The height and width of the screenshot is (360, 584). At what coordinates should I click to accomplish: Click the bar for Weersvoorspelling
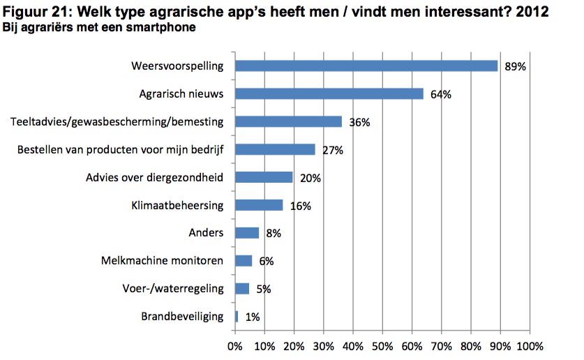(366, 66)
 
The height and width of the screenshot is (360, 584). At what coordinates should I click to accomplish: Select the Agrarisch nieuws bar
(329, 93)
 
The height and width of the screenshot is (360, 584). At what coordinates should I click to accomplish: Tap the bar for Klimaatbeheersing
(259, 205)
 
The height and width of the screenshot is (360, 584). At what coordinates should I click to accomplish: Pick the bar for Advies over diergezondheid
(264, 177)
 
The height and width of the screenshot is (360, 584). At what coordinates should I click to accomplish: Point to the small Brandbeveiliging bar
(237, 316)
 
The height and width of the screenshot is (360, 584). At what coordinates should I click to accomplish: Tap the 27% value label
(334, 150)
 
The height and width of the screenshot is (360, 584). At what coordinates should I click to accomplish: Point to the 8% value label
(273, 234)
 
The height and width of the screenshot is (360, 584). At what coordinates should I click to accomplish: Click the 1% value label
(253, 317)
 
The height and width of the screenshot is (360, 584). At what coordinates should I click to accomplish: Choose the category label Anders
(206, 233)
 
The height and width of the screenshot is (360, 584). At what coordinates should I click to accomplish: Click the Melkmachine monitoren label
(162, 261)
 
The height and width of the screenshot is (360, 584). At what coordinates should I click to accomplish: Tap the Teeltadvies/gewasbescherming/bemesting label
(117, 121)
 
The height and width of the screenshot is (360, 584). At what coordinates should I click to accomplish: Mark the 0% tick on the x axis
(235, 346)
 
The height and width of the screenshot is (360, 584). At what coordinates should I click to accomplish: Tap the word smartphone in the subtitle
(167, 28)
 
